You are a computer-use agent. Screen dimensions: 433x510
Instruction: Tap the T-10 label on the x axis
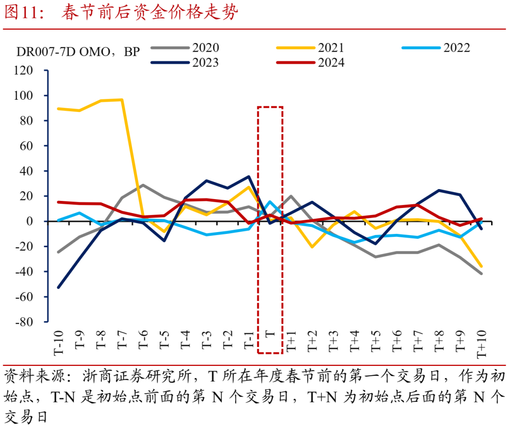(x=59, y=341)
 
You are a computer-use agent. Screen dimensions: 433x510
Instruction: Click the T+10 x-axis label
(x=481, y=343)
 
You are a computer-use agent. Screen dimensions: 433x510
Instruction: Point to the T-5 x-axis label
(x=164, y=339)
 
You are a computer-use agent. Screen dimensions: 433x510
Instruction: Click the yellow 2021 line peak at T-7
(x=122, y=100)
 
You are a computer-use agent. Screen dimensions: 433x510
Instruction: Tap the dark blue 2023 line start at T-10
(x=59, y=287)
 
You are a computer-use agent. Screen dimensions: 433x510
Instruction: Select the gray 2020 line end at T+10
(x=481, y=273)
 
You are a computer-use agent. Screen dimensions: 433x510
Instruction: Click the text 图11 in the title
(x=24, y=13)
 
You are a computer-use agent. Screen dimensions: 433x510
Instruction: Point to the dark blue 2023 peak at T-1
(x=249, y=176)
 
